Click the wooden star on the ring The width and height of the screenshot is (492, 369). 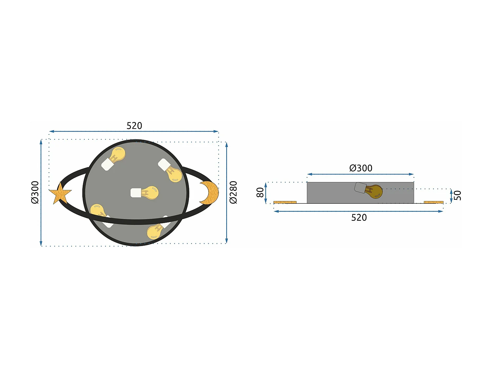tap(60, 194)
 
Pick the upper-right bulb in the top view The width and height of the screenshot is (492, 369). tap(174, 174)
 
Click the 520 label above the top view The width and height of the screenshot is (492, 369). tap(134, 126)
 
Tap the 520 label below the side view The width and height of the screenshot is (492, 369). tap(359, 217)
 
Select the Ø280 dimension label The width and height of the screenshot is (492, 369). tap(233, 192)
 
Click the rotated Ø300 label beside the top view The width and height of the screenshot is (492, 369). tap(35, 192)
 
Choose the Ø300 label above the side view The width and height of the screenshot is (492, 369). tap(360, 168)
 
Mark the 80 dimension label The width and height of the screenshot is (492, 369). tap(260, 192)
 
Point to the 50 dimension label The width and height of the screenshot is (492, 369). tap(457, 195)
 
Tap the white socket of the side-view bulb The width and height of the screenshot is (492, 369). tap(360, 188)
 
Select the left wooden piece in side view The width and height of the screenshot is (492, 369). tap(285, 202)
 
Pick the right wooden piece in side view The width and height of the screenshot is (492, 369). tap(433, 202)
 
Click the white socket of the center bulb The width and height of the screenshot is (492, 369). tap(135, 193)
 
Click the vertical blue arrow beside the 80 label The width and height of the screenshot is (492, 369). tap(266, 193)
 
